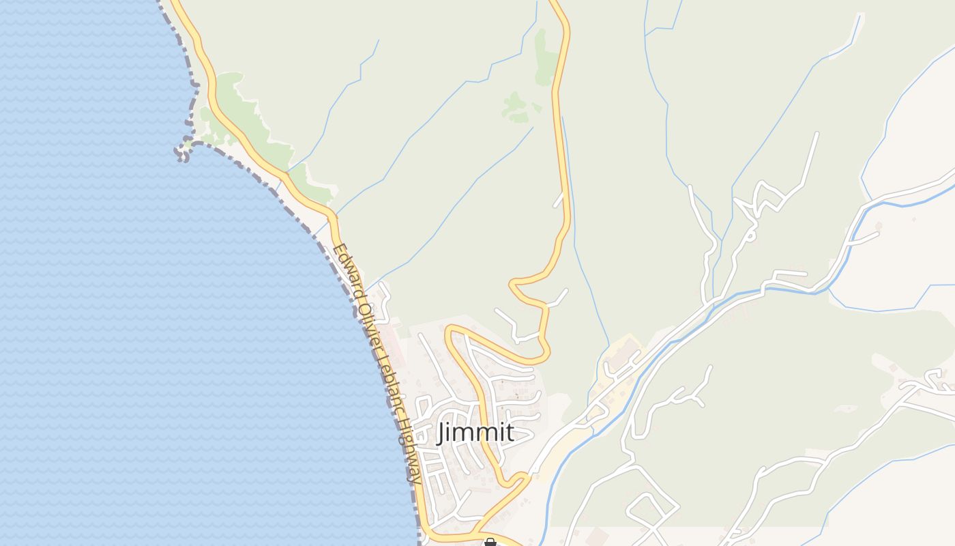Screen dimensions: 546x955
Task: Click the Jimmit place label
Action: [475, 432]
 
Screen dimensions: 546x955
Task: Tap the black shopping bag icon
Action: [490, 543]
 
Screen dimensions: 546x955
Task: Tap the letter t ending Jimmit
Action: [509, 432]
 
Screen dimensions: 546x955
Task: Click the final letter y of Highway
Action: [413, 478]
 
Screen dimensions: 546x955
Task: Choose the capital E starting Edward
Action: [338, 250]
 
